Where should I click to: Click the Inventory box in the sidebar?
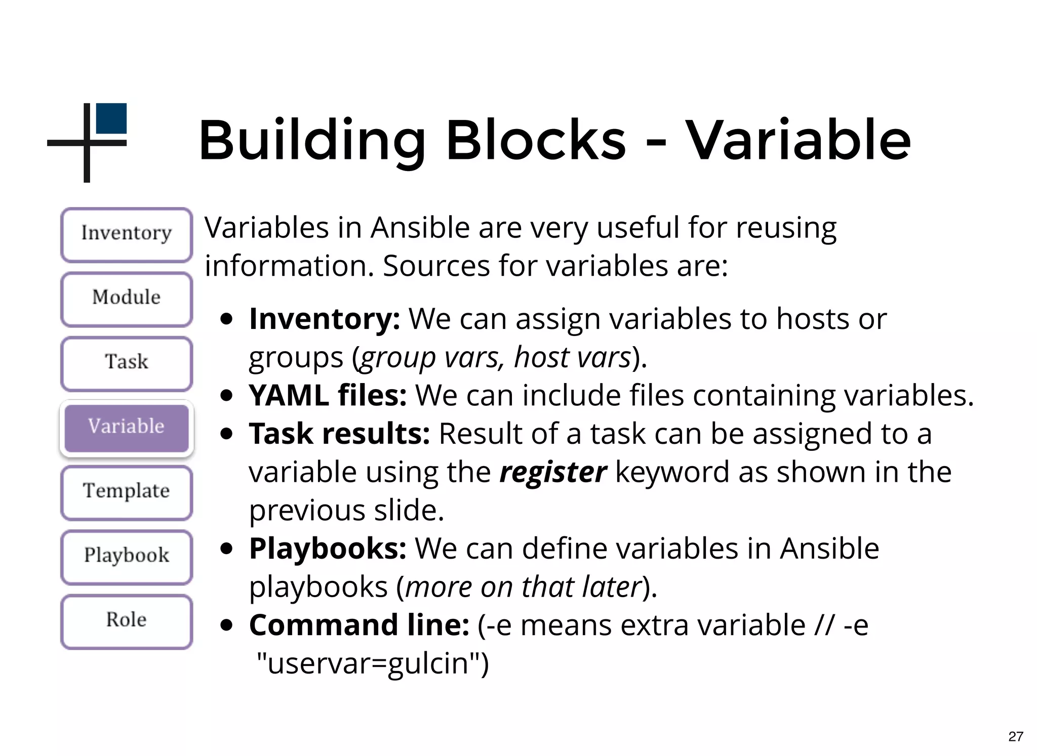(127, 234)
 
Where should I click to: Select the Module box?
(127, 299)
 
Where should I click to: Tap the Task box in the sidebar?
(127, 363)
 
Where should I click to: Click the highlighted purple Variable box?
(127, 428)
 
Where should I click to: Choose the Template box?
(127, 492)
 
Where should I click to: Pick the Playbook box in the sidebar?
(127, 556)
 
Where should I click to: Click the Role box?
(127, 621)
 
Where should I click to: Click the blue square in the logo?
(111, 118)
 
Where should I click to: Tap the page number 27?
(1015, 736)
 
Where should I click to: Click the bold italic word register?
(552, 473)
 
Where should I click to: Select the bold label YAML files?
(328, 396)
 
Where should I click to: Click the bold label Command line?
(359, 625)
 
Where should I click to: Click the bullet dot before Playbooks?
(227, 549)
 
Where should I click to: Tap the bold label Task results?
(339, 434)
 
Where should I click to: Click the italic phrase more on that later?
(524, 587)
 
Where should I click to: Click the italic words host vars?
(572, 358)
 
